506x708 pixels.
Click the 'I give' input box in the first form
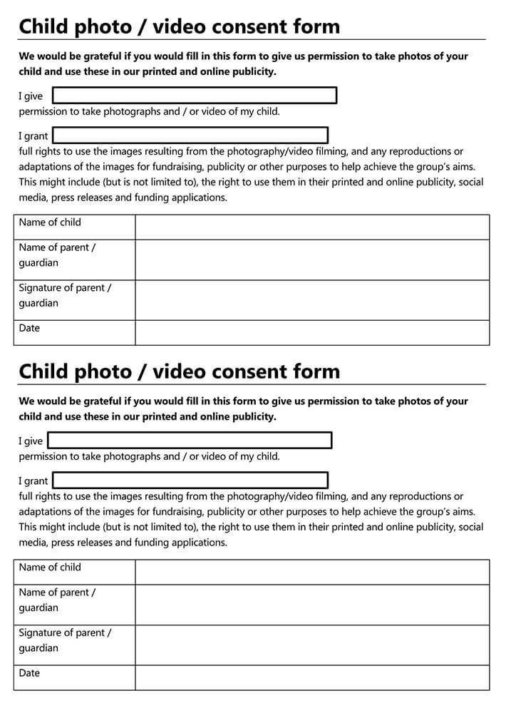[194, 96]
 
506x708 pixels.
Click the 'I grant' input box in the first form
[190, 135]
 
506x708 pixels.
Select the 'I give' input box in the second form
[190, 441]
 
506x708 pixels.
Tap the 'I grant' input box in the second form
[190, 481]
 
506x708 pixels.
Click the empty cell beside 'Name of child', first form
[312, 227]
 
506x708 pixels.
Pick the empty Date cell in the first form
[312, 332]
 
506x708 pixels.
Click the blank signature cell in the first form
[312, 299]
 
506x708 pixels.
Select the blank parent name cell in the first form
[312, 260]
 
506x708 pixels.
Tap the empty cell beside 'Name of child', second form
[312, 572]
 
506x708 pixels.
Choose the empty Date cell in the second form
[312, 677]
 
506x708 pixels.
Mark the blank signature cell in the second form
[312, 645]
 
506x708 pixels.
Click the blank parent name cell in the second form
[312, 605]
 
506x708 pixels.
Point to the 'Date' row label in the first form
[30, 328]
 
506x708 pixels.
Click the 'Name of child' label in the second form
[50, 568]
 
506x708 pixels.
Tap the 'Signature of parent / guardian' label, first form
[65, 295]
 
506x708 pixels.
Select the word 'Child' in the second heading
[44, 371]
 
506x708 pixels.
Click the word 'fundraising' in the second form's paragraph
[172, 512]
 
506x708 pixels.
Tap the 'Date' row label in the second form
[30, 673]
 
